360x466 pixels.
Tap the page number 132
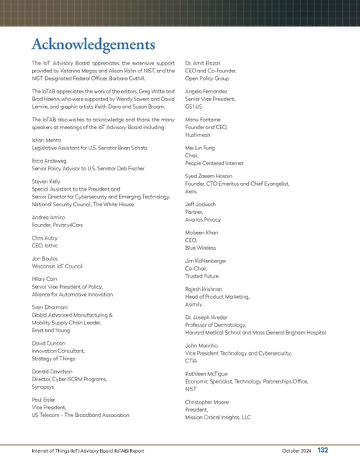click(323, 450)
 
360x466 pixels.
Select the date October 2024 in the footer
click(296, 451)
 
